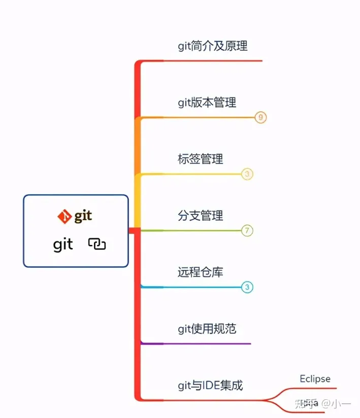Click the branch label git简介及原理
point(212,46)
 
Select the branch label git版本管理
point(207,102)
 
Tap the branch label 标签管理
point(200,159)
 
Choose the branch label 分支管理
point(200,216)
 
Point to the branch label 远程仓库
point(200,272)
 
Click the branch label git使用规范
point(207,329)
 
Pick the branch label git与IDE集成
point(210,386)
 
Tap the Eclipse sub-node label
point(315,379)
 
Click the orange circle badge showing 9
point(260,118)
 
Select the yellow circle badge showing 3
point(247,175)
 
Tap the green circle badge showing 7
point(247,231)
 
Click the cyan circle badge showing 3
point(247,288)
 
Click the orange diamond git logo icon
point(64,217)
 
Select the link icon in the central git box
point(97,244)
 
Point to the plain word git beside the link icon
point(63,245)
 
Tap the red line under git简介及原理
point(213,61)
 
